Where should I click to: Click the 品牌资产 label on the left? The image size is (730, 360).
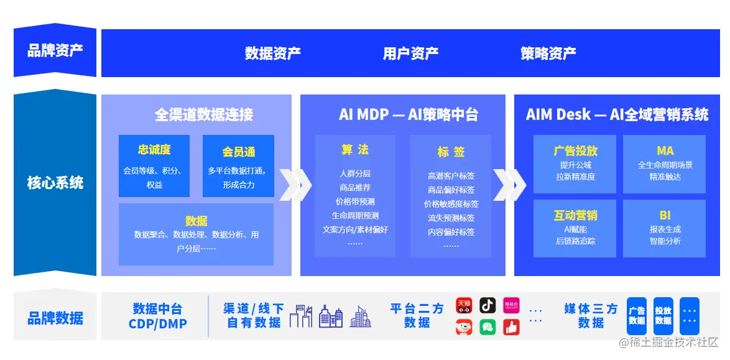click(x=55, y=51)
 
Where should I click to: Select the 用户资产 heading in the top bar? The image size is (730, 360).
click(x=410, y=53)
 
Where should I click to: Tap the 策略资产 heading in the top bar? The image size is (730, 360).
click(x=548, y=53)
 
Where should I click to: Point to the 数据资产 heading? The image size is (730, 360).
click(x=272, y=53)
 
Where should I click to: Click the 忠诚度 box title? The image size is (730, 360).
click(x=154, y=150)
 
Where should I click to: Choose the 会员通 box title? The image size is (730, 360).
click(x=238, y=152)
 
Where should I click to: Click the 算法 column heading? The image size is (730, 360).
click(x=355, y=150)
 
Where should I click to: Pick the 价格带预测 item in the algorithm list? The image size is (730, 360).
click(x=355, y=201)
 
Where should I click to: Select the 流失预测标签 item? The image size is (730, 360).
click(x=451, y=218)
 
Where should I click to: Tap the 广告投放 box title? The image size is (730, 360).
click(x=575, y=151)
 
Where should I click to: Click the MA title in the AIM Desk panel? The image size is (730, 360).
click(x=665, y=151)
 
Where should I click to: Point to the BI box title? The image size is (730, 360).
click(x=665, y=215)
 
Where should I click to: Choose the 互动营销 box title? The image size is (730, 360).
click(x=575, y=215)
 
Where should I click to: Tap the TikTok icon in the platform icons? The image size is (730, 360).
click(x=487, y=305)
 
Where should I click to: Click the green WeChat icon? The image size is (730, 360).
click(x=487, y=327)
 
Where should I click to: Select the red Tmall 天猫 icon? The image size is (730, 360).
click(x=464, y=305)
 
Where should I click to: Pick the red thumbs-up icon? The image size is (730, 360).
click(x=511, y=327)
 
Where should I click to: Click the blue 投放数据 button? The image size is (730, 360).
click(x=663, y=316)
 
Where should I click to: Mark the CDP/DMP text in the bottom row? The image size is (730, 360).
click(x=157, y=324)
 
